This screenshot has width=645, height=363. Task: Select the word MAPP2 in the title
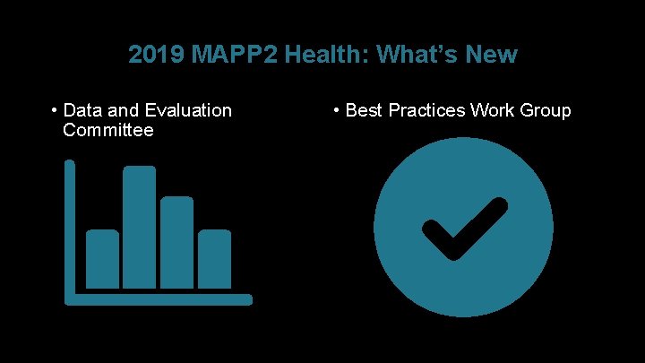pos(219,55)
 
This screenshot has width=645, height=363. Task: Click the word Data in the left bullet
pos(82,110)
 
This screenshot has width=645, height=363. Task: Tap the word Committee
pos(108,130)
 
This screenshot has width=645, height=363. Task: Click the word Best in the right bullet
pos(364,110)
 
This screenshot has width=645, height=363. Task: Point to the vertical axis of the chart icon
pos(70,229)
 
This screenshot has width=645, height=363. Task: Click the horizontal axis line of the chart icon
pos(161,299)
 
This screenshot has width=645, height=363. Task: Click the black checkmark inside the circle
pos(460,229)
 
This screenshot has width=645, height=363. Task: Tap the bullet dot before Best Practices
pos(336,110)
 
